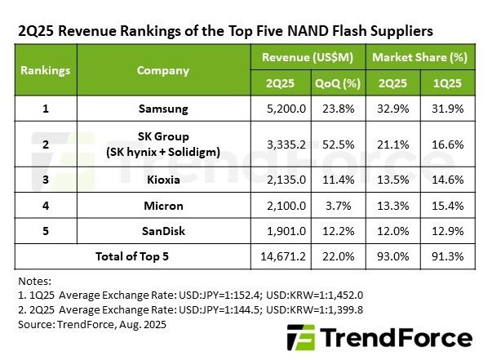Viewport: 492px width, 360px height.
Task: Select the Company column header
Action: [163, 70]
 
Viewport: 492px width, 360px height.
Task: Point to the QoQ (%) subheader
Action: [338, 84]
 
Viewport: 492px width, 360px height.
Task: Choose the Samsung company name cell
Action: [163, 109]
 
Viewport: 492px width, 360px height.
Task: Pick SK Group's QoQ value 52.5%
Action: [338, 144]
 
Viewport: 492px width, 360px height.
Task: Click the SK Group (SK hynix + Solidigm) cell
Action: [163, 144]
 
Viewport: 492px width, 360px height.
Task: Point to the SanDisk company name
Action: [163, 231]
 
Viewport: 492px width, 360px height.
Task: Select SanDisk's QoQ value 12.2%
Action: [338, 231]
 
